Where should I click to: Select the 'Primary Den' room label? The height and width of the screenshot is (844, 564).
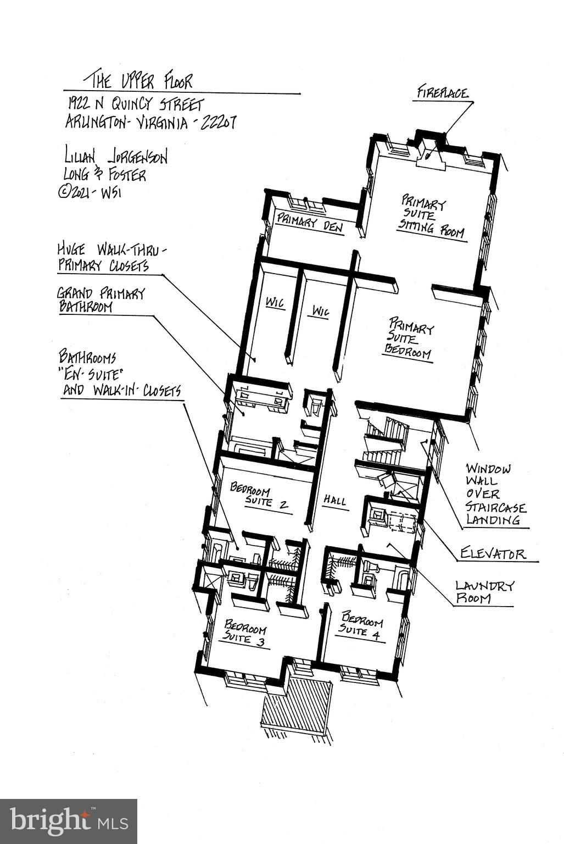point(309,224)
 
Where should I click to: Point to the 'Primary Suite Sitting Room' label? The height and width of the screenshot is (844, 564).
point(432,217)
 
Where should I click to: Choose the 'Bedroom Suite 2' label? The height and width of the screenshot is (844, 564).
point(260,495)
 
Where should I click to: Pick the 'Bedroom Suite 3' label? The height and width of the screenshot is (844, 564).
point(245,633)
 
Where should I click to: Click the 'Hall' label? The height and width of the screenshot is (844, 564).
point(334,501)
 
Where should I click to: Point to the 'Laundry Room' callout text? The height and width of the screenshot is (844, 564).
point(484,592)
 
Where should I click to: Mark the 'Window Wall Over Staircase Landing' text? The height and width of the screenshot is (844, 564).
point(495,494)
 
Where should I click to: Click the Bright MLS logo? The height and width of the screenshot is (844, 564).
point(68,821)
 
